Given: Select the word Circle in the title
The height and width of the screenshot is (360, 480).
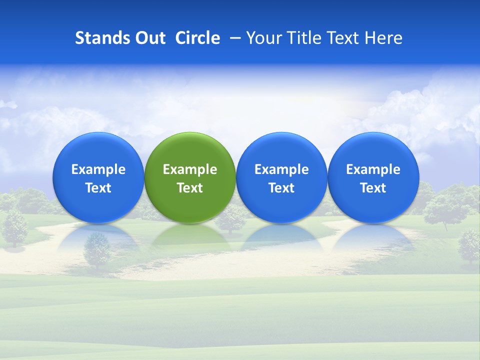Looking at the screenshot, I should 197,38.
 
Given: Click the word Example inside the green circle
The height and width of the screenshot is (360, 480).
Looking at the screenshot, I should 190,169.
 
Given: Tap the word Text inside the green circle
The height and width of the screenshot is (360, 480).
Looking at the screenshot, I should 190,188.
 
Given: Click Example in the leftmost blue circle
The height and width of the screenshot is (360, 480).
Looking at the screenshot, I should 98,169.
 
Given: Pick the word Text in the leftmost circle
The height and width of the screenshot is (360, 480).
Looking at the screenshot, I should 98,188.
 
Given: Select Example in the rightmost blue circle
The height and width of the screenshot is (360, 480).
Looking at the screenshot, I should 373,169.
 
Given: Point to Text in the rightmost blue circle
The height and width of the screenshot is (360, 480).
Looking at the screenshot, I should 373,188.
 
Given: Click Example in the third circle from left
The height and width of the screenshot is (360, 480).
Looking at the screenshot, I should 281,169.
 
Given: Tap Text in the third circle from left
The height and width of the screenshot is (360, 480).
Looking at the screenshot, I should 281,188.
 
